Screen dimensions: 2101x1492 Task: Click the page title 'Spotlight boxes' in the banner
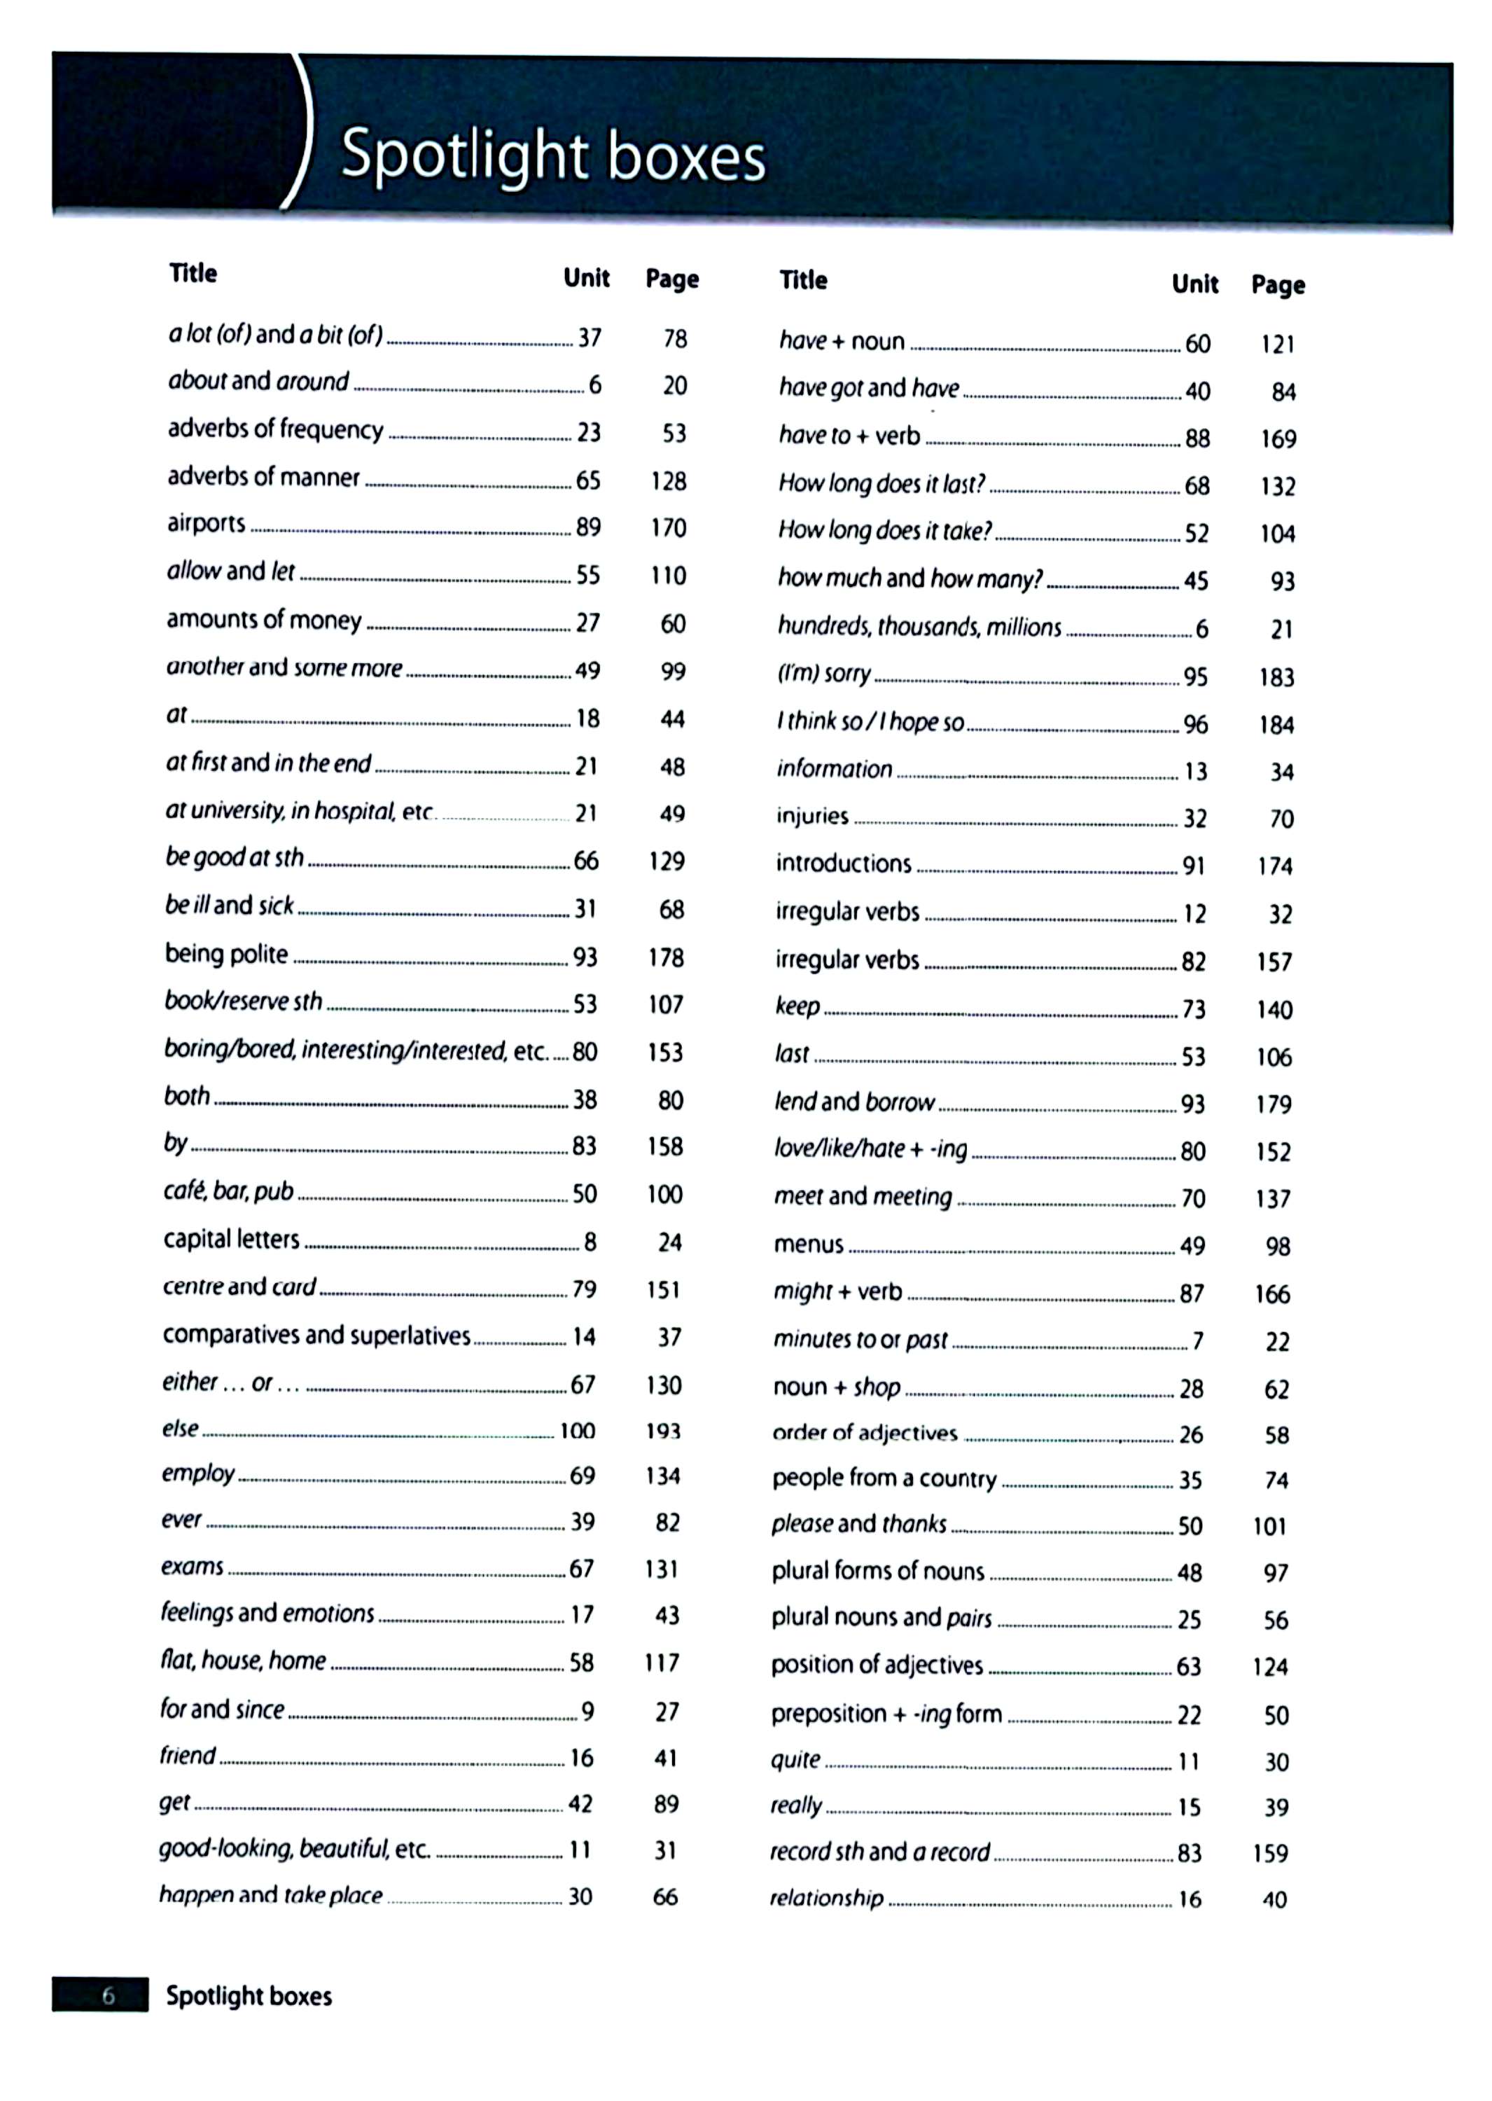(553, 155)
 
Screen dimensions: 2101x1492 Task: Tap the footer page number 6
(109, 1995)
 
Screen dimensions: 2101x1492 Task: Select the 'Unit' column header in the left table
(586, 277)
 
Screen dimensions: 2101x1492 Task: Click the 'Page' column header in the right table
(1277, 284)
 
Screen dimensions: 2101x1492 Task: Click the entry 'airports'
(206, 523)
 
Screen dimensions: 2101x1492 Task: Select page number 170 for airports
(668, 527)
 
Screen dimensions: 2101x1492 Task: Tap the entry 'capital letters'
(232, 1239)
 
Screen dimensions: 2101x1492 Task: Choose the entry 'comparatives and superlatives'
(316, 1335)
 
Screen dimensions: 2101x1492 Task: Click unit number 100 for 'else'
(577, 1430)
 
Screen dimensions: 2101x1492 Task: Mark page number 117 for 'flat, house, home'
(662, 1662)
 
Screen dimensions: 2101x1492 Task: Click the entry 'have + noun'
(842, 341)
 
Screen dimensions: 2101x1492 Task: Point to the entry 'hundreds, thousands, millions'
(919, 627)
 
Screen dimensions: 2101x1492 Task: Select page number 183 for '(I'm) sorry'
(1276, 677)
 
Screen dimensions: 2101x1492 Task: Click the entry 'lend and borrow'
(854, 1101)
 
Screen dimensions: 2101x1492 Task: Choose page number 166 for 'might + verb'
(1272, 1294)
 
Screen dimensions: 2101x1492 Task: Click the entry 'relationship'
(826, 1898)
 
